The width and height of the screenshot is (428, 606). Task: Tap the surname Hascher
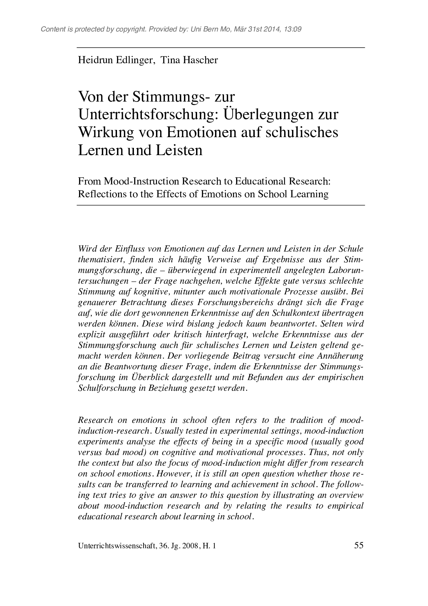pyautogui.click(x=201, y=60)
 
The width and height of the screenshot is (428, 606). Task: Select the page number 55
pyautogui.click(x=359, y=546)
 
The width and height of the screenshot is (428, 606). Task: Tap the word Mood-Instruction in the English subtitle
pyautogui.click(x=142, y=182)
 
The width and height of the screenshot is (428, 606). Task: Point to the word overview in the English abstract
pyautogui.click(x=346, y=495)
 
